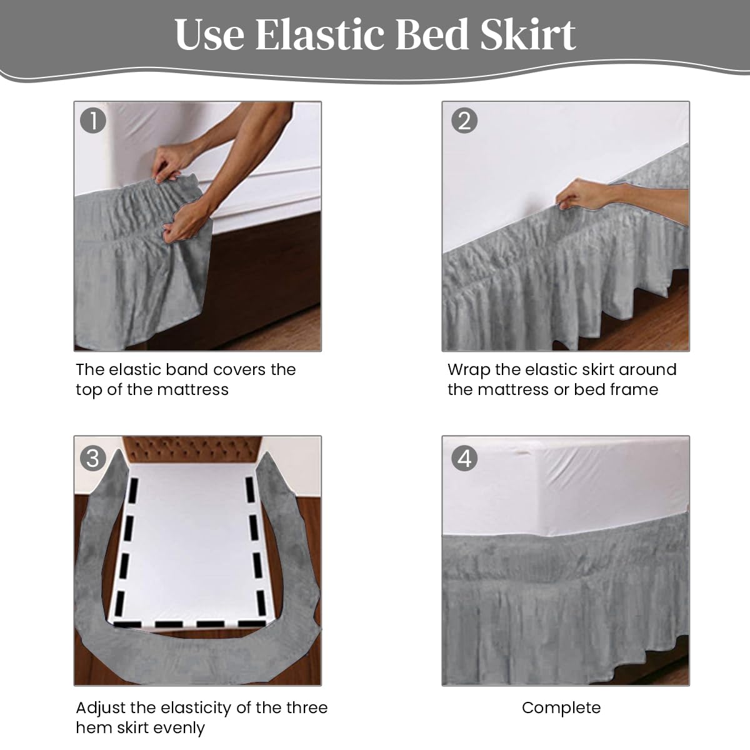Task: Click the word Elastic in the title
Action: pyautogui.click(x=320, y=34)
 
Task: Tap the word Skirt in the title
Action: pyautogui.click(x=527, y=34)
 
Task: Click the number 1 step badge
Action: pyautogui.click(x=93, y=121)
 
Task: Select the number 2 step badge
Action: pyautogui.click(x=464, y=121)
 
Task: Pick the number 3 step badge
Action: pyautogui.click(x=93, y=458)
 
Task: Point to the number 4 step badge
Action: pyautogui.click(x=464, y=458)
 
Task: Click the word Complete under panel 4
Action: pyautogui.click(x=561, y=708)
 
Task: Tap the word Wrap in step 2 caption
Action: pyautogui.click(x=469, y=371)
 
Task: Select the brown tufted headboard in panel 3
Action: pyautogui.click(x=192, y=449)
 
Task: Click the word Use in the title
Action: pyautogui.click(x=209, y=34)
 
